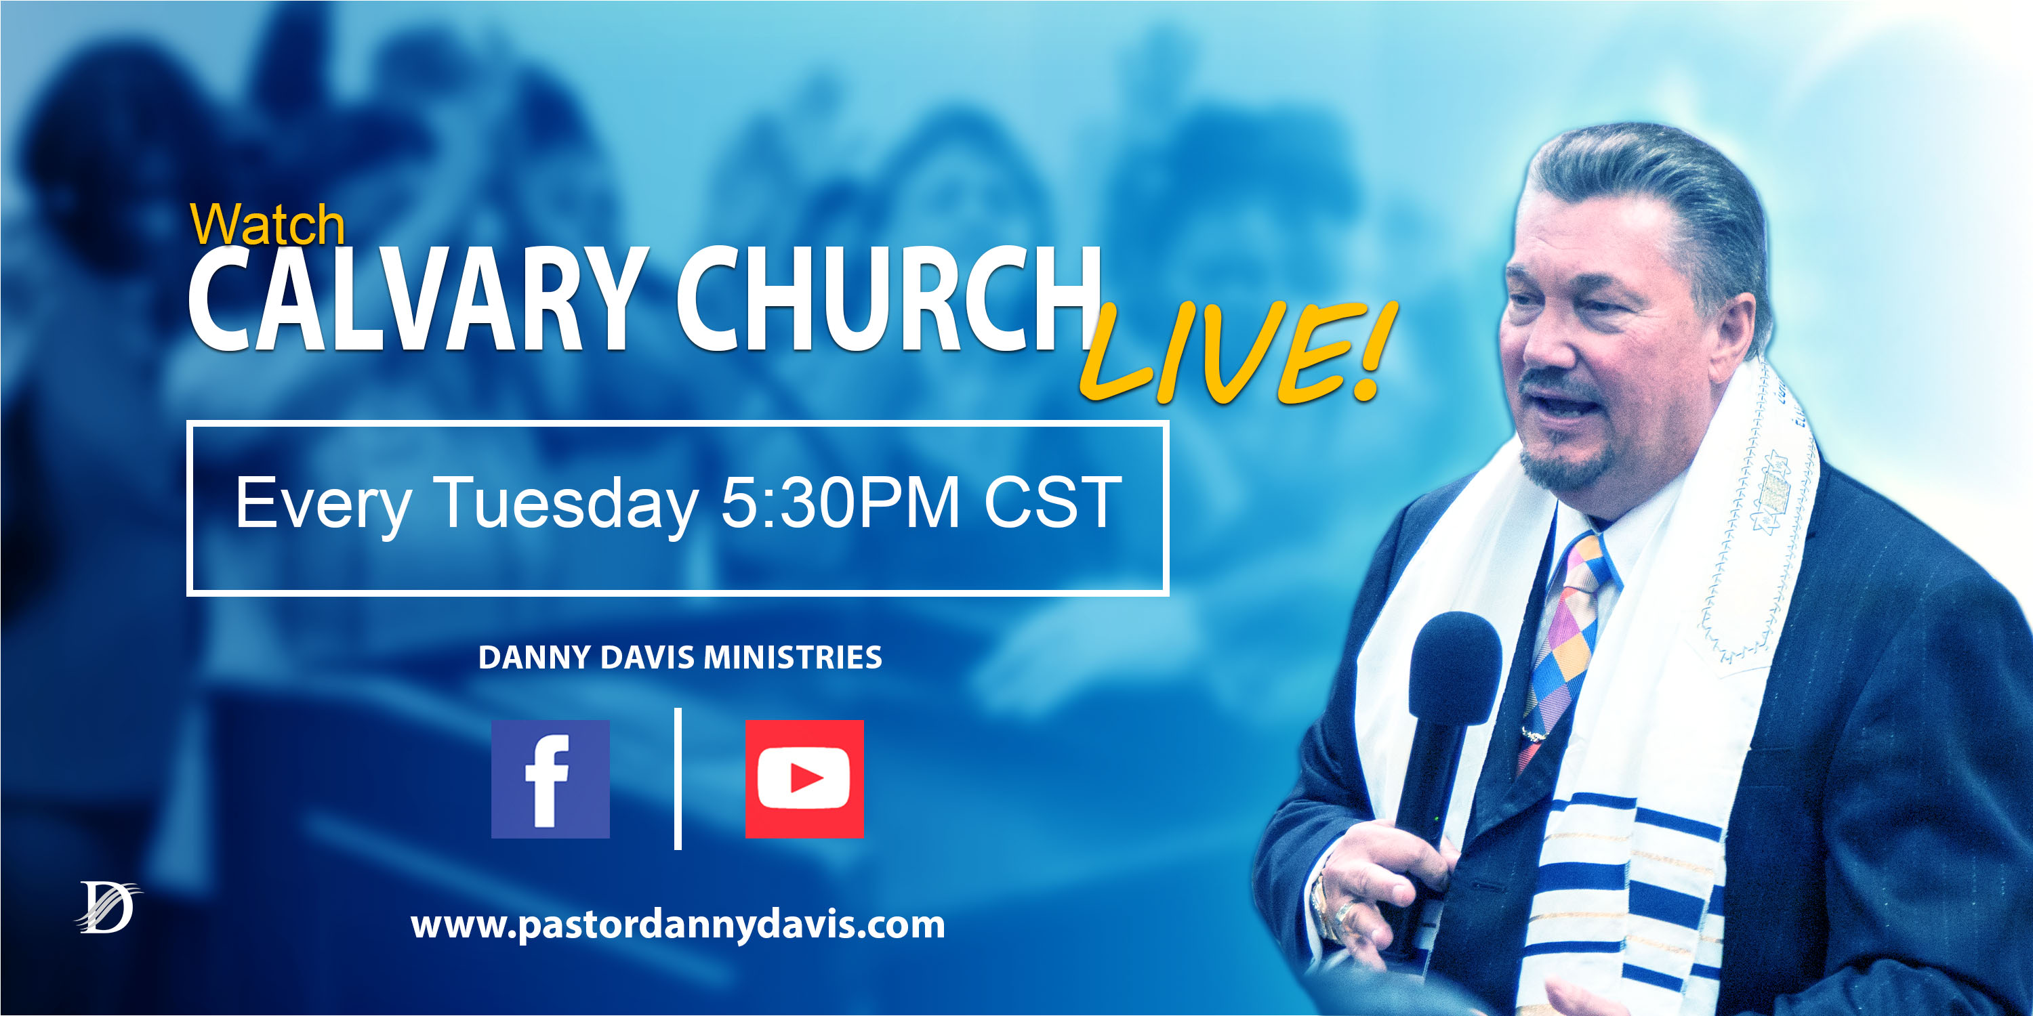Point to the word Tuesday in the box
tap(566, 503)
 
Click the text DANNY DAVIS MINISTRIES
tap(680, 657)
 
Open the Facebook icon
tap(550, 778)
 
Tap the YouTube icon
tap(804, 778)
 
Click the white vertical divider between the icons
tap(677, 778)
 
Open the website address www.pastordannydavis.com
tap(677, 924)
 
